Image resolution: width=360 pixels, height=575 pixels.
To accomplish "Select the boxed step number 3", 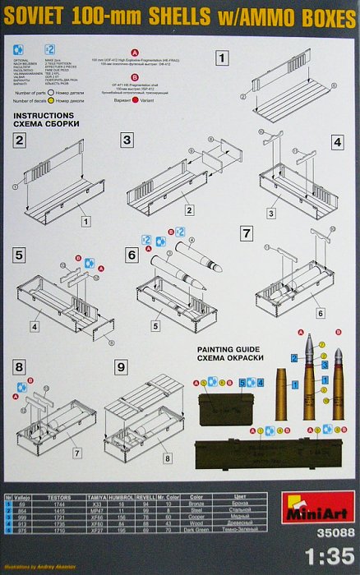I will (x=127, y=140).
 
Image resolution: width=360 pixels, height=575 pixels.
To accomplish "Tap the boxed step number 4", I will (x=337, y=141).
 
